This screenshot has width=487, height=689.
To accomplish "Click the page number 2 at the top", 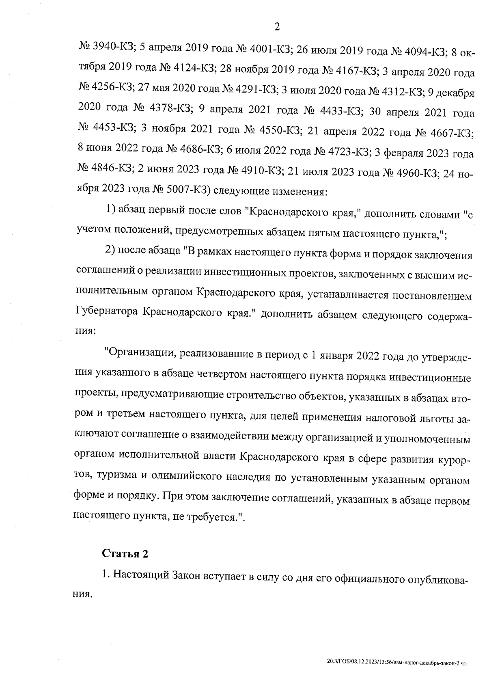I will point(277,27).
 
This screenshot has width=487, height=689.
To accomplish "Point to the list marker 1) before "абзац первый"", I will point(111,210).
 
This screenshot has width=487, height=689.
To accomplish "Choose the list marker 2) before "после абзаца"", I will point(111,250).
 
